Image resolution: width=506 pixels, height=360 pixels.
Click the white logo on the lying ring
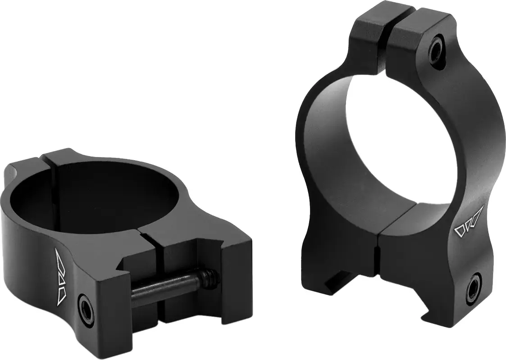[x=60, y=275]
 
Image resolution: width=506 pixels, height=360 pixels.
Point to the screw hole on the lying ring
[x=86, y=308]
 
